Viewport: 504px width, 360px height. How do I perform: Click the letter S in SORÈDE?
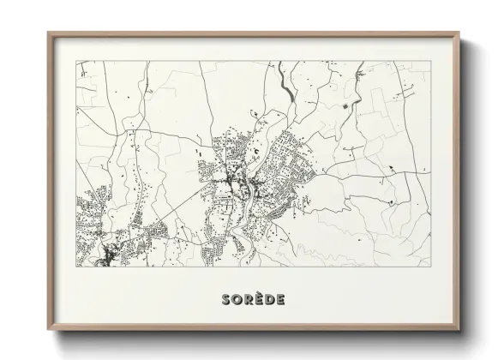tap(225, 299)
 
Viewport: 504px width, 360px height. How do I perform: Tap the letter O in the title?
tap(236, 299)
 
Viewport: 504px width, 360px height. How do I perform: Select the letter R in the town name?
tap(247, 299)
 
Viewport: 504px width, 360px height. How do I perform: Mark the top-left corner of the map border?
tap(77, 61)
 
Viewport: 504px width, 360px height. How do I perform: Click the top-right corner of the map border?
tap(431, 61)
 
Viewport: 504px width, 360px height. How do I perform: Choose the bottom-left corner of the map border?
tap(77, 267)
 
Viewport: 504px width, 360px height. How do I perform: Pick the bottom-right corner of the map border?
tap(431, 267)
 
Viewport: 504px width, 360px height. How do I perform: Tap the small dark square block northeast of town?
tap(346, 105)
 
